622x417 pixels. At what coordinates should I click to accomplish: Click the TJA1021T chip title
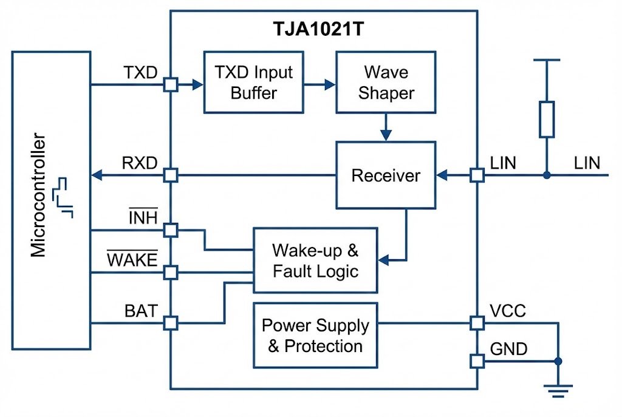click(323, 29)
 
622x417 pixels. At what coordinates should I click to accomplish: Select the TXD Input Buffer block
click(253, 83)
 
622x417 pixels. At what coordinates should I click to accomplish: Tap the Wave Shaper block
click(386, 83)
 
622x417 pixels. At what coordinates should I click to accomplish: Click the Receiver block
click(386, 176)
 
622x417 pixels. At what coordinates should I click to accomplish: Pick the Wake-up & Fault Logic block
click(315, 260)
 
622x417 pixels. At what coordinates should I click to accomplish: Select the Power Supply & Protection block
click(315, 335)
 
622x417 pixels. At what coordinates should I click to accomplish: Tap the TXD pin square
click(171, 85)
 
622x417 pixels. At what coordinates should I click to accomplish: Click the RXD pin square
click(171, 176)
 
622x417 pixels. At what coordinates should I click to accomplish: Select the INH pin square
click(171, 230)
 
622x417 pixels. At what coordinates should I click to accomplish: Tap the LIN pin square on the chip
click(477, 176)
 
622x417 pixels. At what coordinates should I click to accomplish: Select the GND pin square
click(477, 361)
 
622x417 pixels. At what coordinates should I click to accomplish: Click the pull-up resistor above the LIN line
click(547, 119)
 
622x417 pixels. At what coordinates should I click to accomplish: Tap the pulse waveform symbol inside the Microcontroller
click(63, 198)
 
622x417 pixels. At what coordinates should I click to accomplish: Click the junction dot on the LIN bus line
click(547, 176)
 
